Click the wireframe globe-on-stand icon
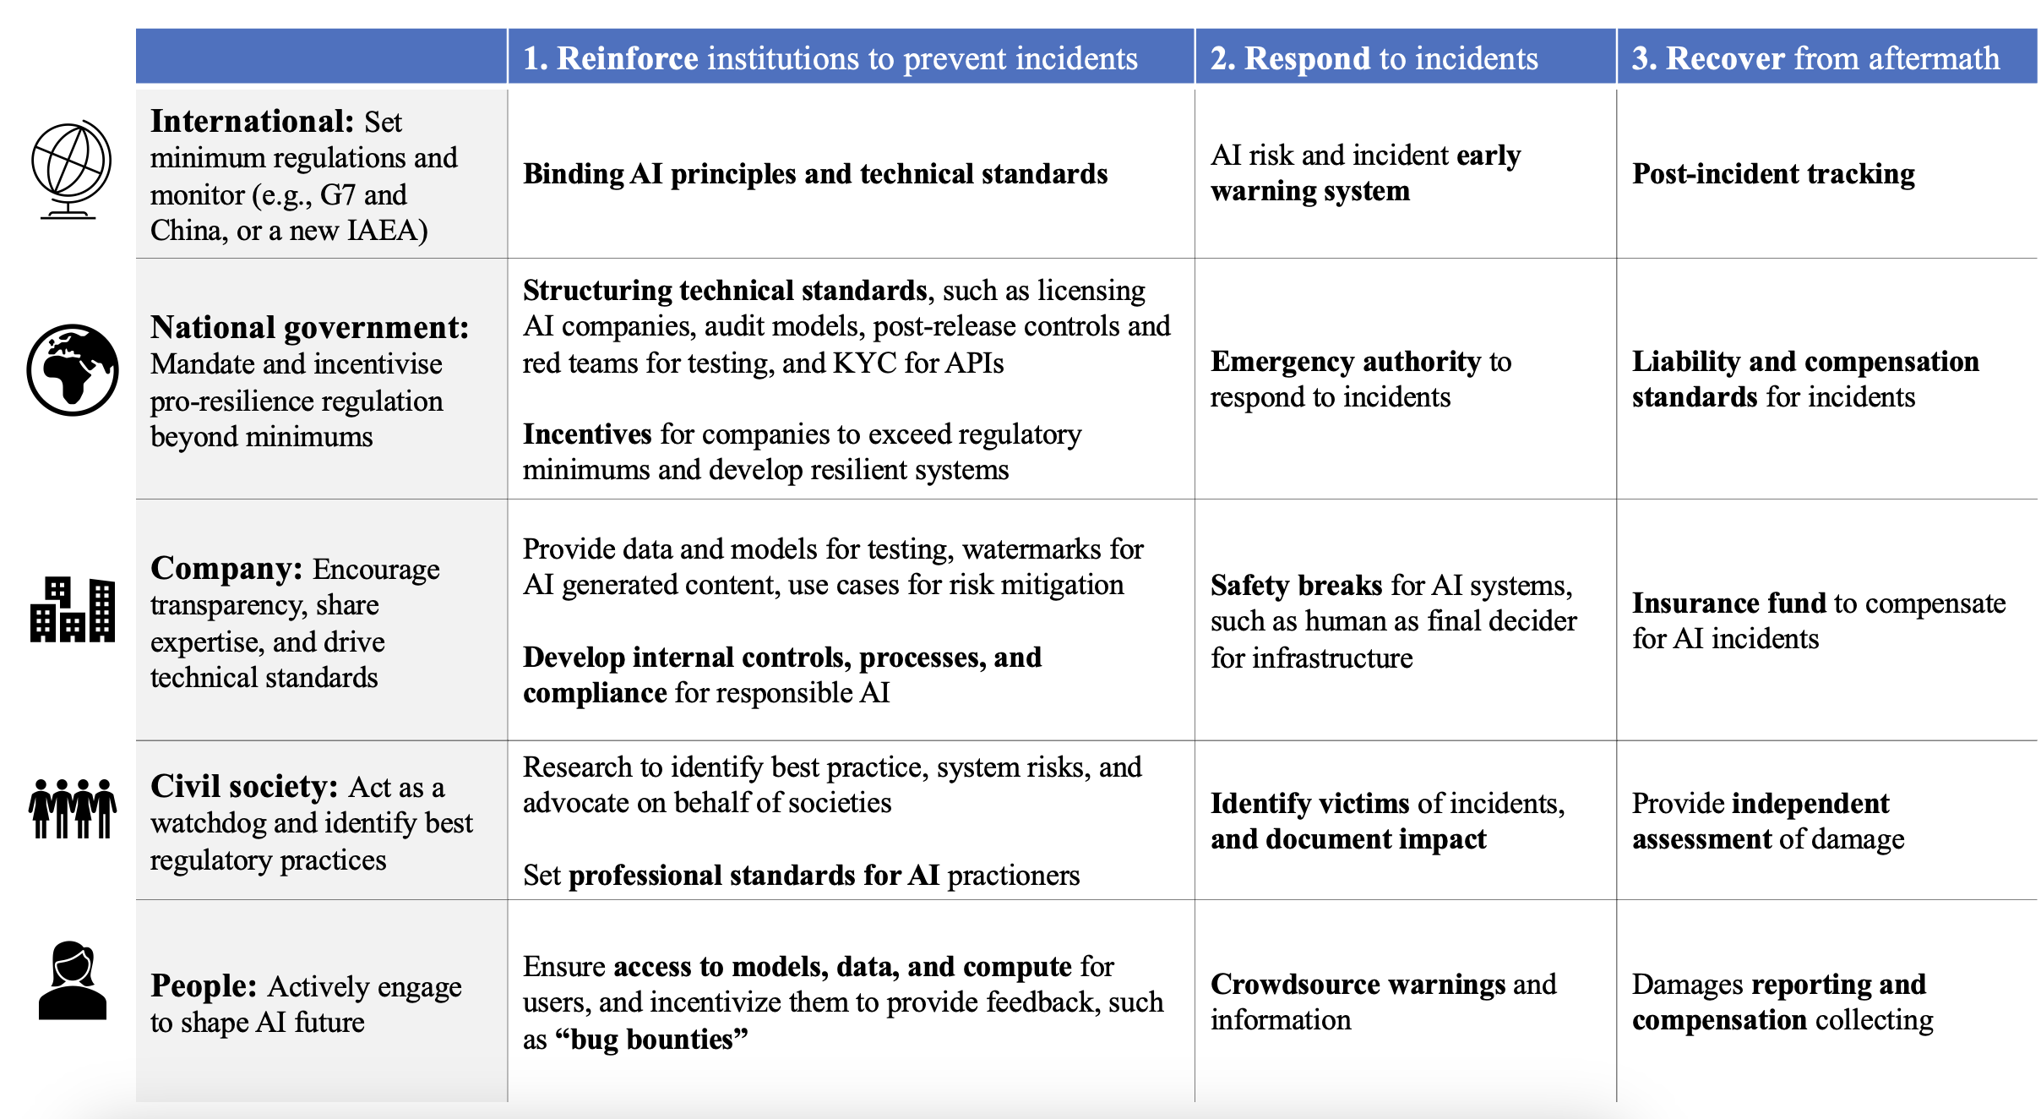[71, 169]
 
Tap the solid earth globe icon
[73, 369]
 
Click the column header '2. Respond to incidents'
[1374, 57]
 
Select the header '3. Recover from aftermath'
[1815, 57]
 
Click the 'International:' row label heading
[252, 122]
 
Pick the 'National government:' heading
[309, 327]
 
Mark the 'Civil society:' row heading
[244, 786]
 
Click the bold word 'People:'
[204, 985]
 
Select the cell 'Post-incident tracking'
[1773, 173]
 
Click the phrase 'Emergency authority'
[1345, 361]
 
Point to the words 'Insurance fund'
[1728, 603]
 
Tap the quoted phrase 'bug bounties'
[651, 1039]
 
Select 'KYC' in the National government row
[864, 363]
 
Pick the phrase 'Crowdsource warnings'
[1358, 984]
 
